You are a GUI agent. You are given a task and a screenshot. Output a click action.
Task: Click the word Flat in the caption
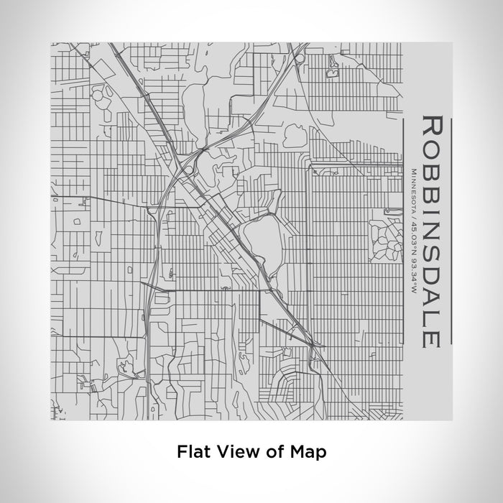tap(192, 452)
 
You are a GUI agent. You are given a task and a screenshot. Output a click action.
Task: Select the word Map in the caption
tap(310, 452)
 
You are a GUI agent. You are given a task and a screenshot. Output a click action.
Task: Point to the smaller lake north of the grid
tap(296, 134)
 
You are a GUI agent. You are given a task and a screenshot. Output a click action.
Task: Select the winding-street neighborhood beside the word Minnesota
tap(386, 237)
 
